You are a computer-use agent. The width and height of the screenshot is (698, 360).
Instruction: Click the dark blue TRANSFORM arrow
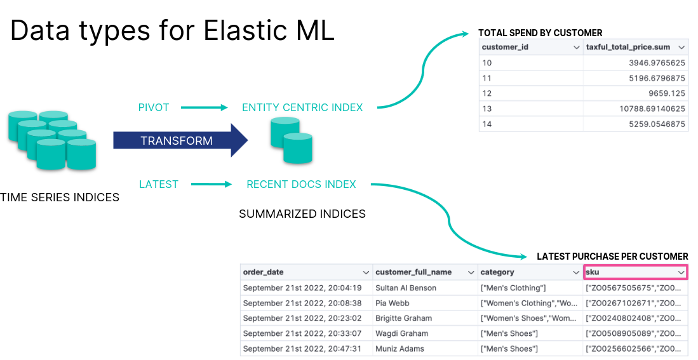click(178, 140)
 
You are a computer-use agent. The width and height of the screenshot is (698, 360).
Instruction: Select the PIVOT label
click(154, 107)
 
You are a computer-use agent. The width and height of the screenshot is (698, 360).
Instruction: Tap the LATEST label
click(159, 184)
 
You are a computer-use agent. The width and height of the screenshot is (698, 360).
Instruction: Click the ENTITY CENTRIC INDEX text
click(302, 107)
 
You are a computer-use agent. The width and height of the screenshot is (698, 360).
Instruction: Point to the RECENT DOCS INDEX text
click(301, 184)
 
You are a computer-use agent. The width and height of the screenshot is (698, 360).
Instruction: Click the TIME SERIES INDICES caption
click(60, 197)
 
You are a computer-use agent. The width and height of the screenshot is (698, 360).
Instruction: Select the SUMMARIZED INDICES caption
click(302, 214)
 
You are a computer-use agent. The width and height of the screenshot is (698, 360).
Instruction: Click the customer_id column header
click(505, 48)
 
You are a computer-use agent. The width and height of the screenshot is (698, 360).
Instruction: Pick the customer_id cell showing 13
click(487, 109)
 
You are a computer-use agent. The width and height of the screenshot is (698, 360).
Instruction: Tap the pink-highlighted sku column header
click(635, 272)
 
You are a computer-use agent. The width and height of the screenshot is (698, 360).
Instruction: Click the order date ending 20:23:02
click(302, 318)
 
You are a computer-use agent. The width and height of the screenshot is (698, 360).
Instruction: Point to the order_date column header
click(264, 272)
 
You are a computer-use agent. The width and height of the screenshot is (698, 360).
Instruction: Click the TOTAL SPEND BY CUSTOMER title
click(540, 33)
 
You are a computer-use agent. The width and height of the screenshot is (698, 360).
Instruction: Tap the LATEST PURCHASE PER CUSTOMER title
click(612, 257)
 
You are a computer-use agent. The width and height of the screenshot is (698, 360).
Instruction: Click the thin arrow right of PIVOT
click(204, 107)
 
